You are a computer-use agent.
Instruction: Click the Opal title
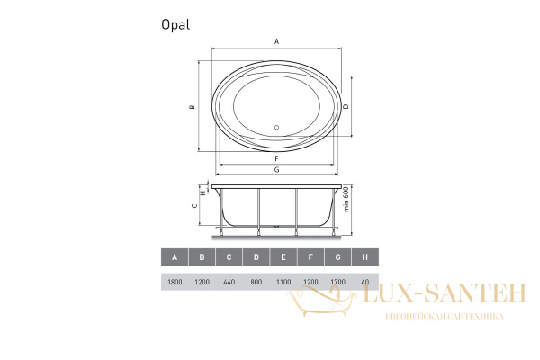175,25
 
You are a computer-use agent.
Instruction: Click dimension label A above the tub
276,42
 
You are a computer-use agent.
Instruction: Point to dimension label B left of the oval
193,107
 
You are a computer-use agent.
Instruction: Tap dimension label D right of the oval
346,106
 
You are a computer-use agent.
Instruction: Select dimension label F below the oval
276,158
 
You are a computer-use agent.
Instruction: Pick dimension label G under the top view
276,169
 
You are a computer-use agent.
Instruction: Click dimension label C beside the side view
195,206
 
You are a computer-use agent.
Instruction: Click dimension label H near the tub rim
203,193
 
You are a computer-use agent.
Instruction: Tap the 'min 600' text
346,199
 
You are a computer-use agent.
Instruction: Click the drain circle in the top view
276,128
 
